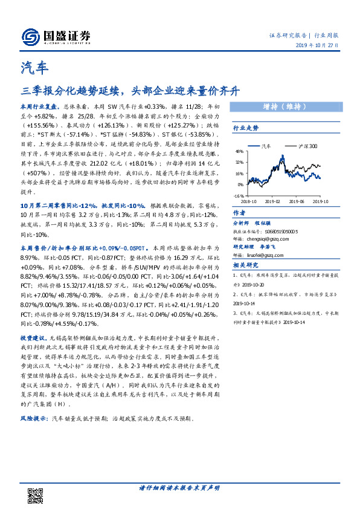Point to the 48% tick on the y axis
239,152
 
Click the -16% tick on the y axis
239,196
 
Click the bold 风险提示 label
34,417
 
